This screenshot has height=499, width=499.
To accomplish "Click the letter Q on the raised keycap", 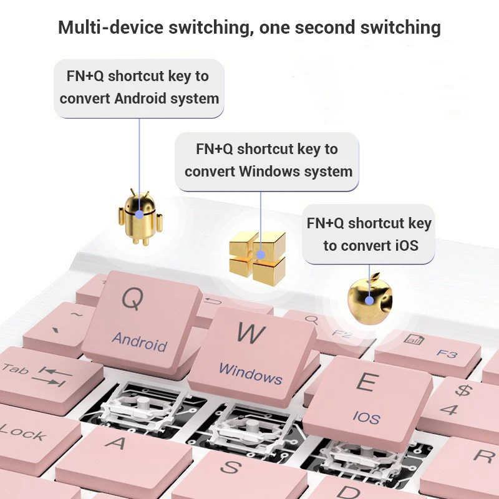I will [x=132, y=299].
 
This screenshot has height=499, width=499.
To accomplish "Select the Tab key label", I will [x=15, y=369].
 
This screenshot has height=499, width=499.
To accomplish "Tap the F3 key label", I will [x=447, y=354].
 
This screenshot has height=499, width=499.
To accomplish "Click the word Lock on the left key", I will [x=21, y=432].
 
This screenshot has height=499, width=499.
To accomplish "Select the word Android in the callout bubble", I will [x=140, y=99].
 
